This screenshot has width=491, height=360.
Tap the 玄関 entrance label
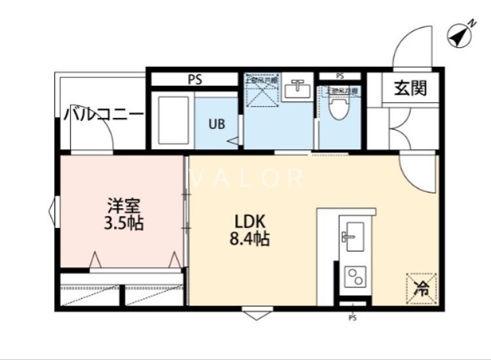(x=410, y=88)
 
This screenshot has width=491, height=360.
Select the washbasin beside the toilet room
(x=299, y=89)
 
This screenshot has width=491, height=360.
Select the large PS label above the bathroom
(x=194, y=80)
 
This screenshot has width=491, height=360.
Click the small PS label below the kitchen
(x=352, y=319)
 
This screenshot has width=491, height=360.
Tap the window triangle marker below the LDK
(x=255, y=315)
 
